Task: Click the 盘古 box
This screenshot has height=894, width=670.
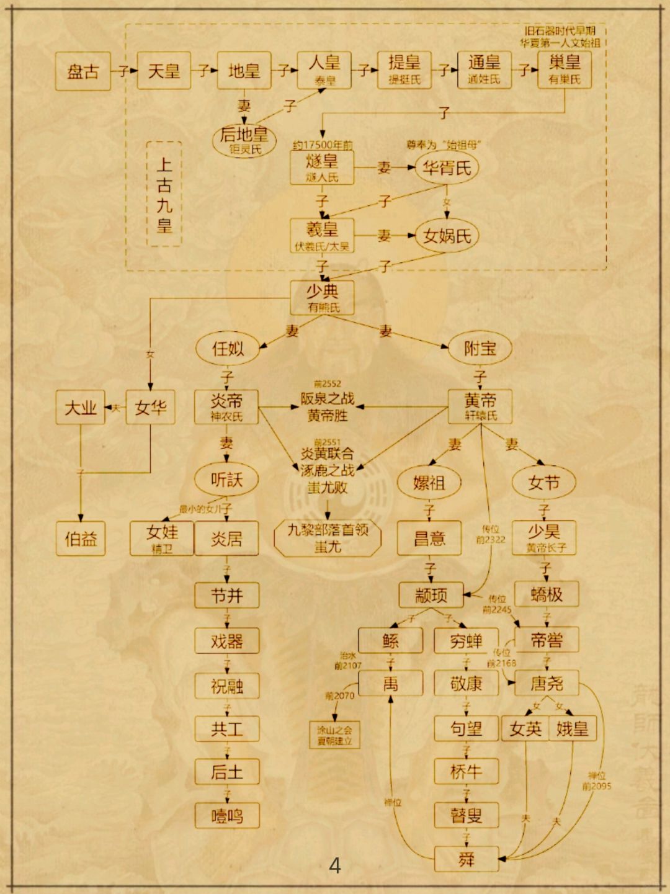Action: tap(83, 71)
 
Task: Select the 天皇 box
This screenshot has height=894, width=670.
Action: tap(164, 71)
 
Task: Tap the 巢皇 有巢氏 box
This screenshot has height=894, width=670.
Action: tap(564, 69)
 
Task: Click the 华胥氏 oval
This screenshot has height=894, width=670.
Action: tap(447, 168)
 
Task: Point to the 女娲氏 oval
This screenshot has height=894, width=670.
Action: tap(447, 236)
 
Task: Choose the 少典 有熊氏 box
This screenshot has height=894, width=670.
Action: tap(323, 298)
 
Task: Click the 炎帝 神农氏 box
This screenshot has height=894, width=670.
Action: tap(226, 407)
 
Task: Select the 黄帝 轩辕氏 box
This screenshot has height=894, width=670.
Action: tap(480, 407)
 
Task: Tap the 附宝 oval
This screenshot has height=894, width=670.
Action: tap(480, 349)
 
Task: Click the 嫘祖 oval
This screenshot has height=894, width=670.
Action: tap(429, 482)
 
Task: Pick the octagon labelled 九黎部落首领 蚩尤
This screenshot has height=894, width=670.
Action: tap(328, 538)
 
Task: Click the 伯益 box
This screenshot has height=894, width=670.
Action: tap(81, 539)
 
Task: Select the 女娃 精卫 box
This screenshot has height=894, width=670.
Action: tap(162, 538)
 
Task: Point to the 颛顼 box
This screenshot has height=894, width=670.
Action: tap(431, 596)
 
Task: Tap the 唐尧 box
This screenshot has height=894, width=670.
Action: tap(547, 684)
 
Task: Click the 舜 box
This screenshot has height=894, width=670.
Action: tap(466, 860)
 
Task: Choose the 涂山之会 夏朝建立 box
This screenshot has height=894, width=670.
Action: tap(334, 735)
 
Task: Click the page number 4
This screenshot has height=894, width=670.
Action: tap(335, 865)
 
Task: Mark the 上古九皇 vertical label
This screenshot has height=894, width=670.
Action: tap(164, 194)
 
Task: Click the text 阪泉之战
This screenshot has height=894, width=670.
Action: tap(328, 399)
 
